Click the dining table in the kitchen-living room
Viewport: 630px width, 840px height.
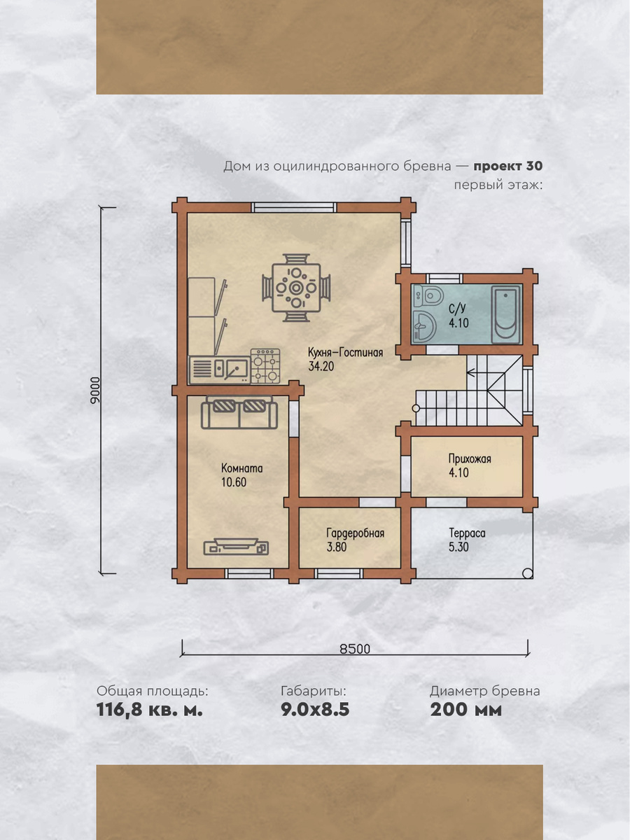coord(296,288)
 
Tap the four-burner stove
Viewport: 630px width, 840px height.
coord(265,366)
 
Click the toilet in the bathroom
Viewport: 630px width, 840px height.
coord(429,296)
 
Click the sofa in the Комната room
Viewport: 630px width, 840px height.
coord(239,412)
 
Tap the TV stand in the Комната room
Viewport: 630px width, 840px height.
coord(236,547)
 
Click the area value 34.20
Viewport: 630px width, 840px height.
coord(321,367)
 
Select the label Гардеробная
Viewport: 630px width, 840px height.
coord(356,533)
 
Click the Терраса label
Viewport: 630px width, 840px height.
coord(467,533)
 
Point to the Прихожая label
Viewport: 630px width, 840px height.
coord(470,458)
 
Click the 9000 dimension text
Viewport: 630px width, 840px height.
coord(95,390)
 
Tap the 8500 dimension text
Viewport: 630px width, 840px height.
coord(355,649)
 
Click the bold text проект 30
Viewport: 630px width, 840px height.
coord(508,167)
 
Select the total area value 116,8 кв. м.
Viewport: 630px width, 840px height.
coord(150,710)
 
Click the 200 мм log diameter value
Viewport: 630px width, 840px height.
coord(466,710)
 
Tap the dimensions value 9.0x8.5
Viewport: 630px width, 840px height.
coord(315,710)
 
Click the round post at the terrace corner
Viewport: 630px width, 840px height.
coord(528,573)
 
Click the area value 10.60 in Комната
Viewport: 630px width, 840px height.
coord(234,482)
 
